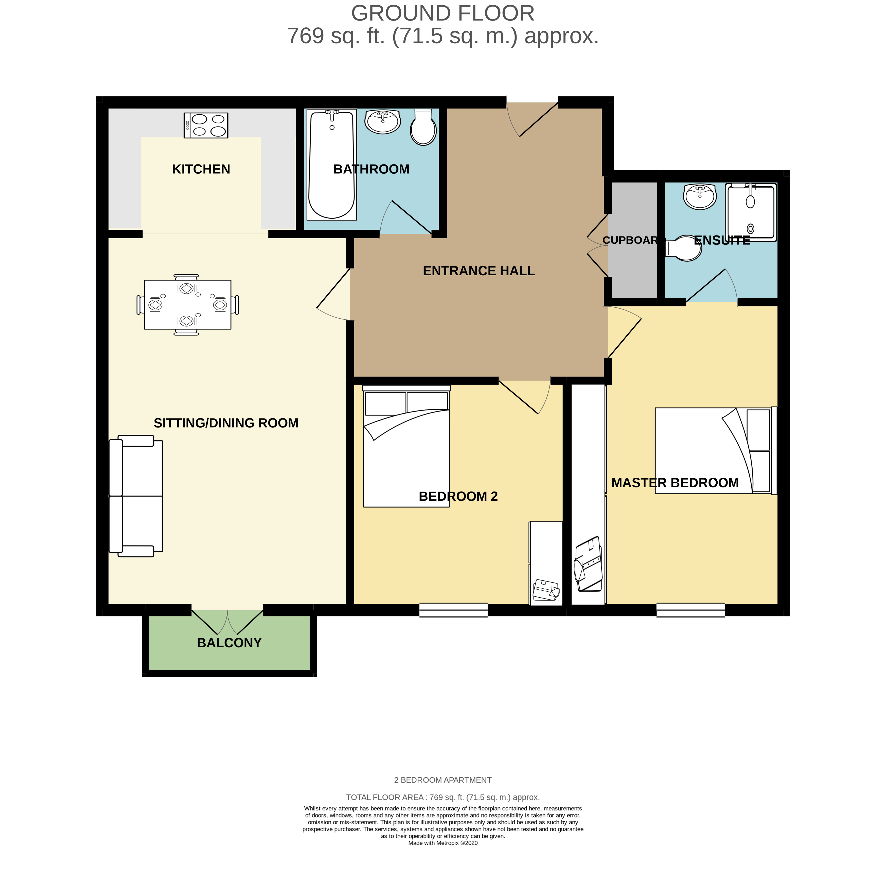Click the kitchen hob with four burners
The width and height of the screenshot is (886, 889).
tap(206, 125)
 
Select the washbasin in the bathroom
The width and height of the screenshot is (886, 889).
tap(382, 121)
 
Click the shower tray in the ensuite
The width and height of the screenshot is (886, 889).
tap(751, 212)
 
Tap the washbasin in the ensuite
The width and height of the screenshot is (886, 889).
tap(700, 196)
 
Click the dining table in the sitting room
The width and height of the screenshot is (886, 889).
tap(188, 305)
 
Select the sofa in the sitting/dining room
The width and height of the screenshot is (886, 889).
tap(136, 496)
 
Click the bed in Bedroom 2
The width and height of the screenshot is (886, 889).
tap(406, 446)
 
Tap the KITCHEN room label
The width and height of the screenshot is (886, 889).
tap(201, 169)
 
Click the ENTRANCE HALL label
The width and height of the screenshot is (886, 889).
tap(479, 270)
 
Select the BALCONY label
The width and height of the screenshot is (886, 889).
tap(229, 643)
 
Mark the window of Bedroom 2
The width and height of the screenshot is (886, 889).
tap(453, 610)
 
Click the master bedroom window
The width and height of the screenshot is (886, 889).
tap(690, 610)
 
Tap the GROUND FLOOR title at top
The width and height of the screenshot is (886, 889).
tap(443, 13)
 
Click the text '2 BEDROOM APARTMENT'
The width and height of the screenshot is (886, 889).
tap(443, 780)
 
